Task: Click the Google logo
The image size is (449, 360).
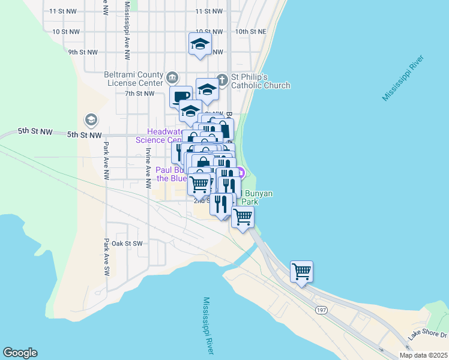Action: [20, 353]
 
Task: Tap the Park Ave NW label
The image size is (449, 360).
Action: [106, 161]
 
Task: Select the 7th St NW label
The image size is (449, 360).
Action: [139, 93]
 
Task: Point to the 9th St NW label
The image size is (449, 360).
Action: [82, 52]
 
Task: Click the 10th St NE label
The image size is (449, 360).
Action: [250, 31]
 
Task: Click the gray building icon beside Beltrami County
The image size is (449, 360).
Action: [172, 77]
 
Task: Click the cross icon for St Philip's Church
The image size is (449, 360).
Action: [221, 78]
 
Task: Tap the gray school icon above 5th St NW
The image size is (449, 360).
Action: [91, 120]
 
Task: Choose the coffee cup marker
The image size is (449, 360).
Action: [181, 96]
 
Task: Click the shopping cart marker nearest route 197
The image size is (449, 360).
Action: [301, 271]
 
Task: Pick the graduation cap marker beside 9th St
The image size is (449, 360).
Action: [200, 44]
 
